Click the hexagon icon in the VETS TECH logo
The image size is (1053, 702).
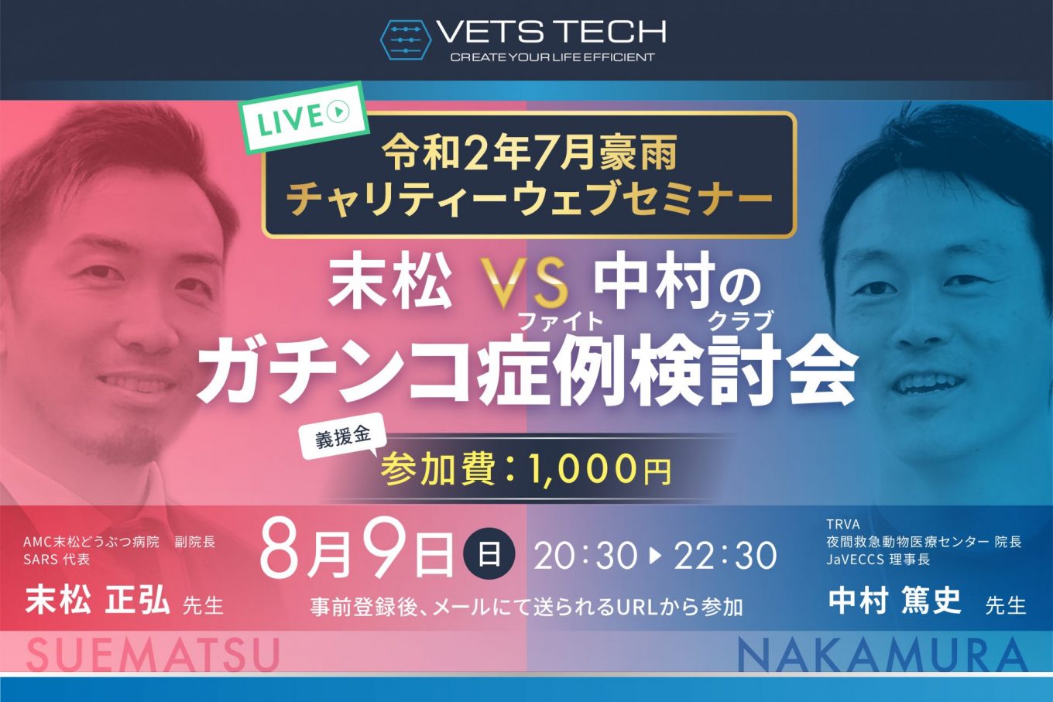(405, 40)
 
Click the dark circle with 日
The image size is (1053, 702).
(489, 554)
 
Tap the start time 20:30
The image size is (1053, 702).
(585, 556)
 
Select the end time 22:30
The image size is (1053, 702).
(725, 556)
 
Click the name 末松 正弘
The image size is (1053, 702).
(98, 601)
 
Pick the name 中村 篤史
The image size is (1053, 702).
(895, 600)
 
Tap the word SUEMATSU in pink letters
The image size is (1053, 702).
(153, 654)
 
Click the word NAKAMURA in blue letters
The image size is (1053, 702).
(883, 654)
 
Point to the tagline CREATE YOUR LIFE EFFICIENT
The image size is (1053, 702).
(552, 57)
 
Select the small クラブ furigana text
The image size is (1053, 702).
(741, 322)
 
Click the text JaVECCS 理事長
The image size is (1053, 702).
(878, 560)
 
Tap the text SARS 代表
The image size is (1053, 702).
(57, 560)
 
